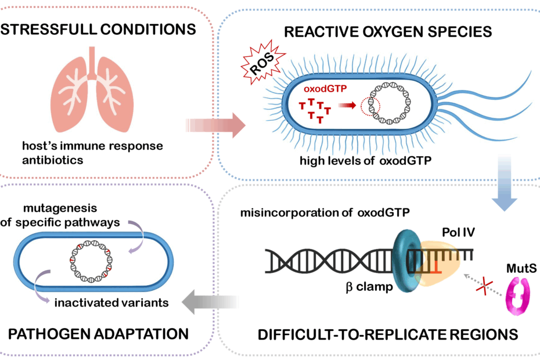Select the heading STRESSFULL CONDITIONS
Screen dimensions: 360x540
tap(98, 28)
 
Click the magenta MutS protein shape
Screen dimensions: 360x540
tap(514, 296)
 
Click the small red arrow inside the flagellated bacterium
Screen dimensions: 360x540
tap(347, 106)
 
